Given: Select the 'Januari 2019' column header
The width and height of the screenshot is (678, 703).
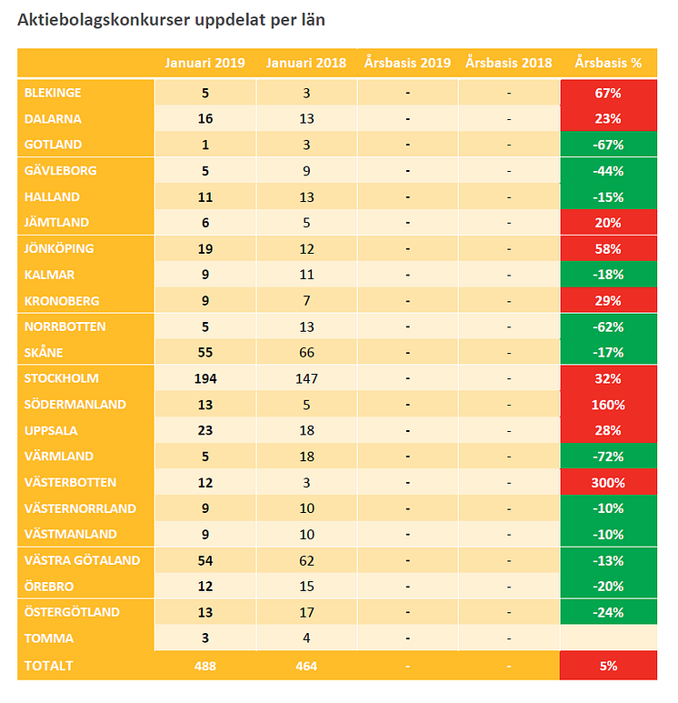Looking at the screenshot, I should [x=205, y=63].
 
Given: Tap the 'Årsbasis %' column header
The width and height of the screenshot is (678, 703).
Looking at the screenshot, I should [x=608, y=63].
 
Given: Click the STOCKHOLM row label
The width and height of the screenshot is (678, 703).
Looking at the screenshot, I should [x=61, y=378].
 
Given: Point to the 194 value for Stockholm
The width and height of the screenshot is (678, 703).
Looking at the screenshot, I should [x=205, y=378].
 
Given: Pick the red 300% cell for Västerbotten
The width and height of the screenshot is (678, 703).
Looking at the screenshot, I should [x=608, y=482].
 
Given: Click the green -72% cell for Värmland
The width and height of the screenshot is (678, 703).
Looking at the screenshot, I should [x=608, y=457].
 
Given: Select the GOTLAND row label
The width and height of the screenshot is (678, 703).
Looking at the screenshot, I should [x=54, y=145].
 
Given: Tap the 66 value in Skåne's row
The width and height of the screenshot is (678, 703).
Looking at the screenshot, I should [x=307, y=353].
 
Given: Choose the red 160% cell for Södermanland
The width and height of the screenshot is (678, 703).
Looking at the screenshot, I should [x=608, y=405].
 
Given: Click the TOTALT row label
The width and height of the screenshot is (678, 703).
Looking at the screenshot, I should [x=49, y=666].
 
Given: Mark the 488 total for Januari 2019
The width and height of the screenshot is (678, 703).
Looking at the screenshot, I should [x=205, y=666].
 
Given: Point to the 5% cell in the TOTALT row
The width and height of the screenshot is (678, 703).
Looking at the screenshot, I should [x=608, y=666].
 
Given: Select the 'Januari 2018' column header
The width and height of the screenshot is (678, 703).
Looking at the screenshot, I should [x=307, y=63].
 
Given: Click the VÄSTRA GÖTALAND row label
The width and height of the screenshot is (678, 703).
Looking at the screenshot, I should [x=83, y=560].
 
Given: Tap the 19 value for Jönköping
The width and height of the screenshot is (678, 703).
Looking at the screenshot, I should [x=205, y=248].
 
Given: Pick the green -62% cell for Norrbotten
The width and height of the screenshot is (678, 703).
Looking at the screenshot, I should [x=608, y=326].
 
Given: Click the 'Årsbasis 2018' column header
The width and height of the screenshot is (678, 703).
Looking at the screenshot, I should [x=509, y=63].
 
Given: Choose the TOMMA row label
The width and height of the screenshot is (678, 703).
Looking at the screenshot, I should [x=50, y=638].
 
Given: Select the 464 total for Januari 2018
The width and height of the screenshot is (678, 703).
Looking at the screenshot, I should [x=307, y=666].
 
